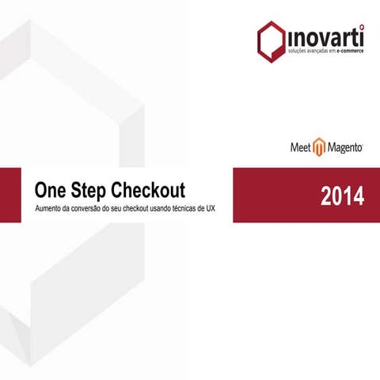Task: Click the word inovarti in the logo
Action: tap(324, 36)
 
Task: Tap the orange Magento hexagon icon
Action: tap(319, 147)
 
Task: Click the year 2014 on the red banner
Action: tap(342, 196)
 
